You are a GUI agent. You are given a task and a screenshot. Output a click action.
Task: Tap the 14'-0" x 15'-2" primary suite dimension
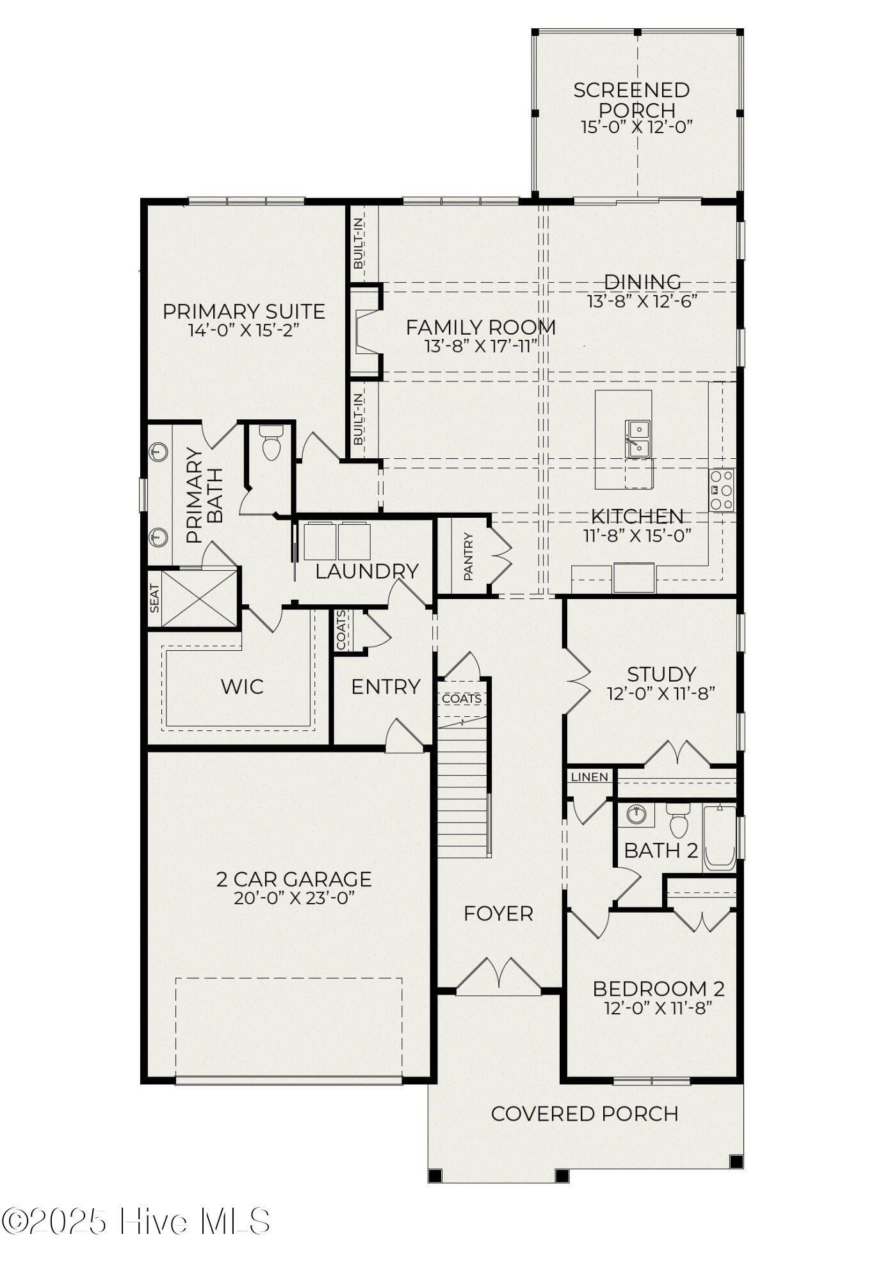[244, 330]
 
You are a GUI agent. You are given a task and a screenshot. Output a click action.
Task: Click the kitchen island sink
[638, 439]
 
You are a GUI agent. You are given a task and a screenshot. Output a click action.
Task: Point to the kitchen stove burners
[722, 490]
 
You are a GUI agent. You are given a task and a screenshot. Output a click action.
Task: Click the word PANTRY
[469, 557]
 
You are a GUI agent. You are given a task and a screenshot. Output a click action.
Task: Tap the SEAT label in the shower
[154, 598]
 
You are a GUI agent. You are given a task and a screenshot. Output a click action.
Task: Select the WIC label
[242, 687]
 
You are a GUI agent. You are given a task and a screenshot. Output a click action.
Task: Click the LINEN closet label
[589, 777]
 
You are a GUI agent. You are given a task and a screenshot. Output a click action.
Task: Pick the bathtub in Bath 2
[720, 839]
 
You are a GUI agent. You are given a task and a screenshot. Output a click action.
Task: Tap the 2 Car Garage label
[294, 879]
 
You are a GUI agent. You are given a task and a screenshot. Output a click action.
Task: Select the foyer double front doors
[498, 977]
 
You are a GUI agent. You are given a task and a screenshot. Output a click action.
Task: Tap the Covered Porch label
[585, 1114]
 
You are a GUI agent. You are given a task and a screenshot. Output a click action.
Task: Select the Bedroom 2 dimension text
[658, 1008]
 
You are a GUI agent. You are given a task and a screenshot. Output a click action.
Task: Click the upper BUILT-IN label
[358, 243]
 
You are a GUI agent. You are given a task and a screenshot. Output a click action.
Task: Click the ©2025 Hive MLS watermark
[136, 1221]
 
